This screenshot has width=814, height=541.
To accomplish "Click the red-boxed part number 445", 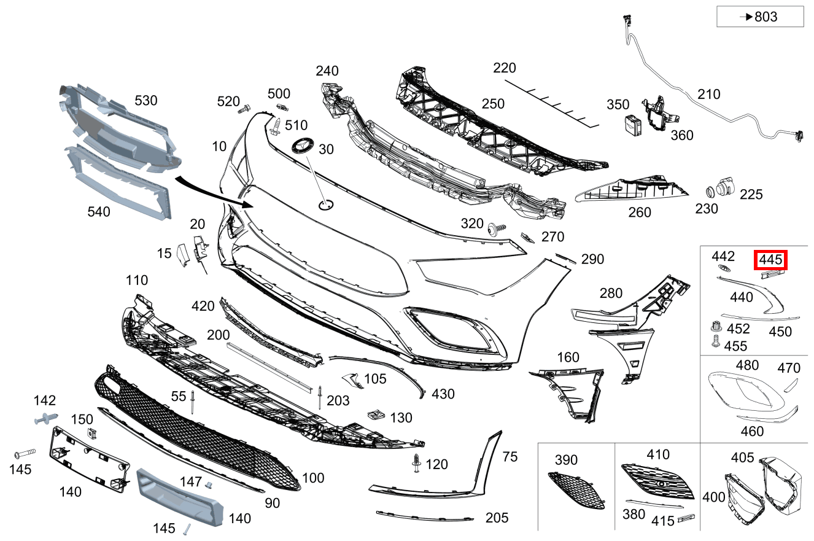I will (x=770, y=260).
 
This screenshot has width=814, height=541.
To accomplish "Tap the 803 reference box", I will (x=760, y=17).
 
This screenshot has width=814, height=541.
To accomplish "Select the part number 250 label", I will (x=493, y=104).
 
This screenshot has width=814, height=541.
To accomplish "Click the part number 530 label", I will (x=146, y=101).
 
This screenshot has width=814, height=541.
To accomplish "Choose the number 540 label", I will (x=99, y=212).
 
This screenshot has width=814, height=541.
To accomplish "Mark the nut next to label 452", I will (x=715, y=326).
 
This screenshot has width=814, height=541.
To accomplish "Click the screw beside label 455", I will (x=715, y=342).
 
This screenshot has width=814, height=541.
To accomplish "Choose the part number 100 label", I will (x=313, y=478).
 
